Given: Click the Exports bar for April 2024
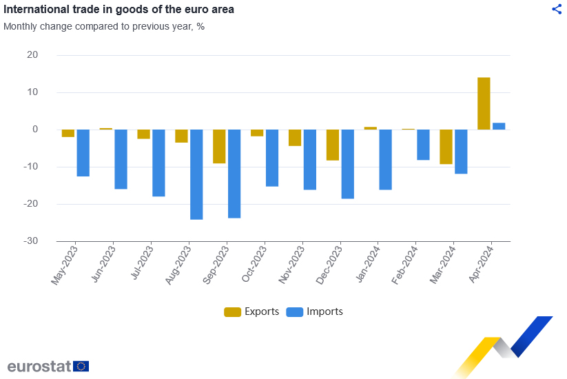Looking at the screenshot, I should [484, 103].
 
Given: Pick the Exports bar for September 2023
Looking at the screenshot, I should [219, 146].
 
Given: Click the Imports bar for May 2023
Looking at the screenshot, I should [83, 153].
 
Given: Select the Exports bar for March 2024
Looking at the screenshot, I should [446, 147].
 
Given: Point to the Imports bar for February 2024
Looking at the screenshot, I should [423, 145].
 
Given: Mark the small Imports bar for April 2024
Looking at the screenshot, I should [499, 126].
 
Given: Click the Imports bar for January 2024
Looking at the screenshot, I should [385, 159].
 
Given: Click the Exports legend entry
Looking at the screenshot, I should [251, 311].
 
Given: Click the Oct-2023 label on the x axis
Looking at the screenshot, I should [255, 265].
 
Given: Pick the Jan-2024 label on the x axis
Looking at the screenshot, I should [369, 265].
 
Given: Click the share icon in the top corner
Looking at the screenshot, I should [557, 9].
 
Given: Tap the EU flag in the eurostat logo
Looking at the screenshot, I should [81, 366].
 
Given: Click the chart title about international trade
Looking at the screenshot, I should [118, 10].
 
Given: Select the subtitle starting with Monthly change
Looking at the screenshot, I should [104, 27].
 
